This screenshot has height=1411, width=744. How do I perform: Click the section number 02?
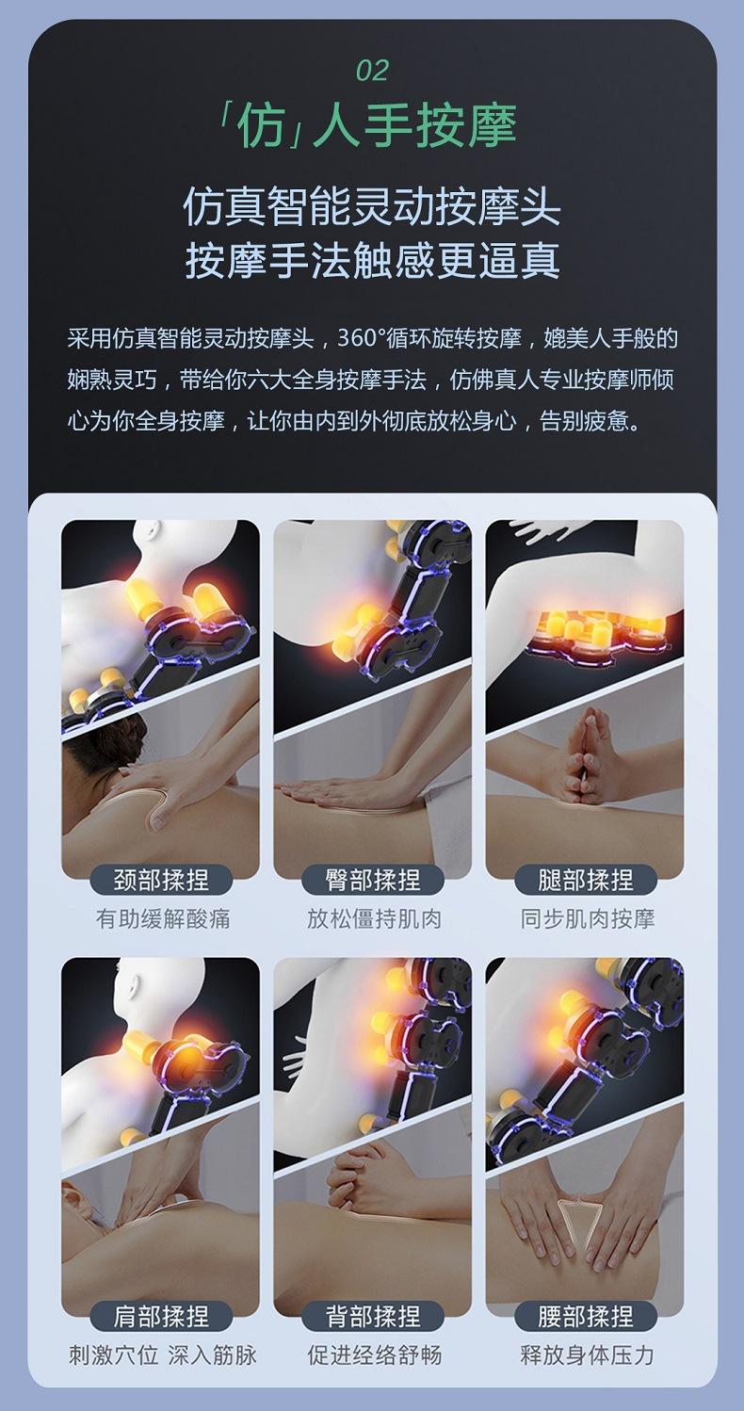pyautogui.click(x=372, y=71)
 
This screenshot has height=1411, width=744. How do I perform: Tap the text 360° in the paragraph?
pyautogui.click(x=365, y=338)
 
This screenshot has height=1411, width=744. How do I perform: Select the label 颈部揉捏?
pyautogui.click(x=161, y=880)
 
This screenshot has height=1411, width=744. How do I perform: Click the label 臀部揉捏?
pyautogui.click(x=373, y=880)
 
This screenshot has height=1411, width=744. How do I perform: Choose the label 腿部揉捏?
pyautogui.click(x=586, y=880)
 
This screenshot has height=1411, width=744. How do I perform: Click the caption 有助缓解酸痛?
pyautogui.click(x=163, y=919)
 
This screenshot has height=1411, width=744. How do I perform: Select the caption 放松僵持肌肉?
pyautogui.click(x=374, y=919)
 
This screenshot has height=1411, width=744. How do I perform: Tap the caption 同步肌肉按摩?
pyautogui.click(x=587, y=919)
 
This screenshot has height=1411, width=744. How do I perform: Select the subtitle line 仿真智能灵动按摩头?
pyautogui.click(x=372, y=207)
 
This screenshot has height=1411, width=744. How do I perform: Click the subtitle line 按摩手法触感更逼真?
pyautogui.click(x=372, y=260)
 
